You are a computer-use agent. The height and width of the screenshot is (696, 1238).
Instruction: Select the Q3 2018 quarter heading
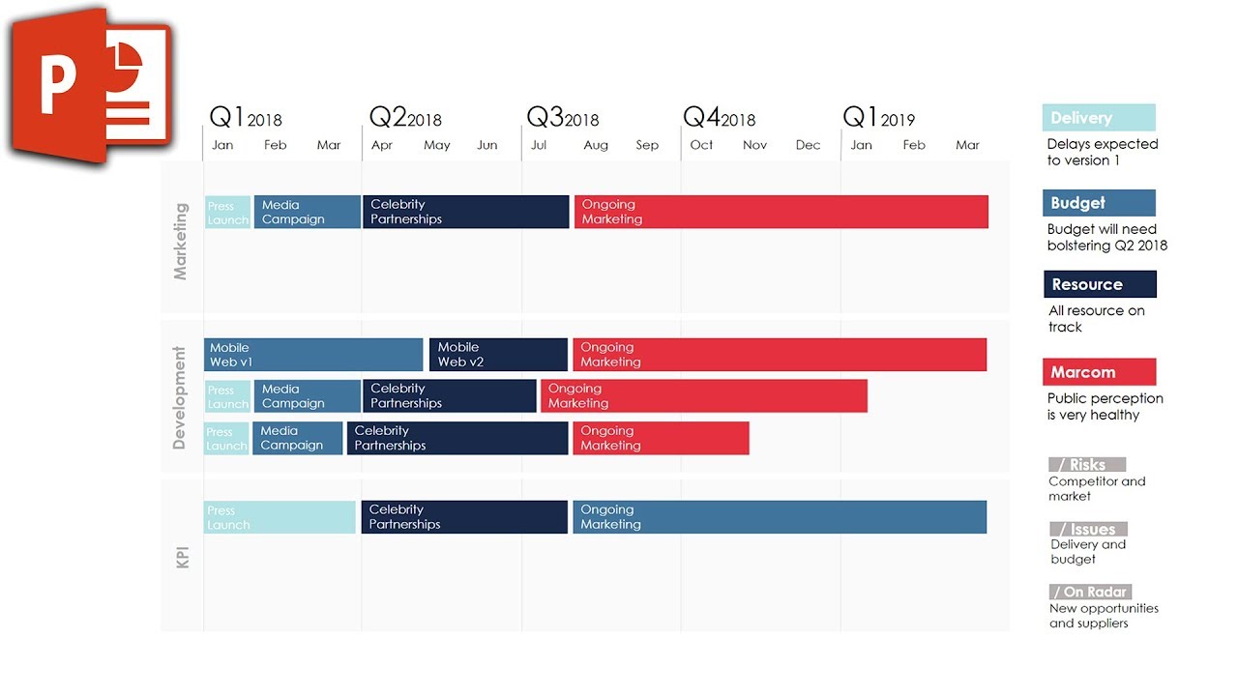562,118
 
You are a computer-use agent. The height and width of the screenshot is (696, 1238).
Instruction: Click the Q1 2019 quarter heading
878,118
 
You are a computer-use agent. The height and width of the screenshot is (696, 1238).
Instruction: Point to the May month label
436,145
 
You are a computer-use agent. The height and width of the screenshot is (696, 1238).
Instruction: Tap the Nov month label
754,145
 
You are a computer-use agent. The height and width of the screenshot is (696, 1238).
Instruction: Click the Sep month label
647,145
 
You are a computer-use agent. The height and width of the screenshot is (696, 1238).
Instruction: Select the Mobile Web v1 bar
313,355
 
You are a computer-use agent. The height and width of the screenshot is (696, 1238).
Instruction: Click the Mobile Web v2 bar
498,355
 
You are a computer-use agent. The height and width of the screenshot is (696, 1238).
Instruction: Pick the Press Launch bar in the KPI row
280,517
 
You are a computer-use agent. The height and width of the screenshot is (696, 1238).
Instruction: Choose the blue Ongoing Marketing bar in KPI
779,517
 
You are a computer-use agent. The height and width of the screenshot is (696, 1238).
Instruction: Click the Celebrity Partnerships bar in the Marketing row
465,212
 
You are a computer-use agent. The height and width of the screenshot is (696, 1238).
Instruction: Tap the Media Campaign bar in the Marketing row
307,212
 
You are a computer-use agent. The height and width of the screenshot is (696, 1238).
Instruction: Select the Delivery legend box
1099,118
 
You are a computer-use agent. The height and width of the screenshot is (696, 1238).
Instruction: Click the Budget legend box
1099,203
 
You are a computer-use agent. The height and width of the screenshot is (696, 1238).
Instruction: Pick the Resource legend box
1100,284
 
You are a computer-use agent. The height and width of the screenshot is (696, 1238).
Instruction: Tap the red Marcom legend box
1099,372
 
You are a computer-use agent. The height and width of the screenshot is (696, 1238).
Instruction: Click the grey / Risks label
1087,465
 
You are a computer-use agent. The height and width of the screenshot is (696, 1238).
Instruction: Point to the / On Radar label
1090,592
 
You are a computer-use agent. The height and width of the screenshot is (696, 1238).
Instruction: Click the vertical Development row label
179,397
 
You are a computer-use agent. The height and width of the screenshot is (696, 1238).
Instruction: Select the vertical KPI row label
182,557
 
